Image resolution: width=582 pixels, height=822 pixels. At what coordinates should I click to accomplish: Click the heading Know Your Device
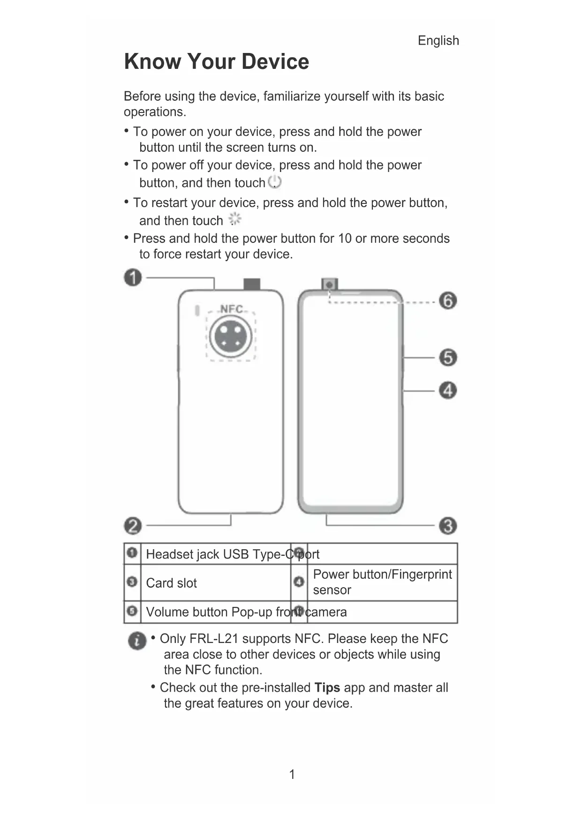[216, 62]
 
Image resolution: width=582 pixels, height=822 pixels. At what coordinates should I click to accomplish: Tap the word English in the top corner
[438, 41]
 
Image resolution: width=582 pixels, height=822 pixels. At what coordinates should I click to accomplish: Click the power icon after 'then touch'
[275, 182]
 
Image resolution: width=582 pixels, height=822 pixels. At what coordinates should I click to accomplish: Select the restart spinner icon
[234, 219]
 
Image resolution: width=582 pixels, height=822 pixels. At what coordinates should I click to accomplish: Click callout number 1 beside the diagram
[133, 277]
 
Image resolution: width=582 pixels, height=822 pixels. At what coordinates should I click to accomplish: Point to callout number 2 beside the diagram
[133, 525]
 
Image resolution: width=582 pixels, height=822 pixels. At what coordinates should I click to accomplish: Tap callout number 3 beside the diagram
[448, 525]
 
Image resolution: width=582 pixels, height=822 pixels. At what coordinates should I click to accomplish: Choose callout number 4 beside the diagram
[448, 390]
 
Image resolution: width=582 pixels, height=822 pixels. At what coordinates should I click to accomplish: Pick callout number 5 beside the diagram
[448, 358]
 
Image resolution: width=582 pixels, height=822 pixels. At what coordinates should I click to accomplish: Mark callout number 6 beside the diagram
[448, 300]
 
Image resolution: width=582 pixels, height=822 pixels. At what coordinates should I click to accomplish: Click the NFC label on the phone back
[232, 309]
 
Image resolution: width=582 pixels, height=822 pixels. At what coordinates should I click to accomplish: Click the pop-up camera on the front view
[330, 284]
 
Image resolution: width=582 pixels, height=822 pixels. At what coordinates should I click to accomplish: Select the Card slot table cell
[171, 583]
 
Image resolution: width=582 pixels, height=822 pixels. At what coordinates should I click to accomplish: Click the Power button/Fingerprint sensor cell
[382, 582]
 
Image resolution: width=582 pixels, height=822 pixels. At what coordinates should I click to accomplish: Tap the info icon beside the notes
[137, 641]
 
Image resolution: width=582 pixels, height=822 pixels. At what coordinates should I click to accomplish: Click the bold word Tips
[327, 687]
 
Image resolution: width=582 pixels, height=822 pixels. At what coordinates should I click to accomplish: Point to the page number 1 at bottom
[292, 774]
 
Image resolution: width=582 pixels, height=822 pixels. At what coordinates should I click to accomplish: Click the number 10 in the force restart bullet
[345, 239]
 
